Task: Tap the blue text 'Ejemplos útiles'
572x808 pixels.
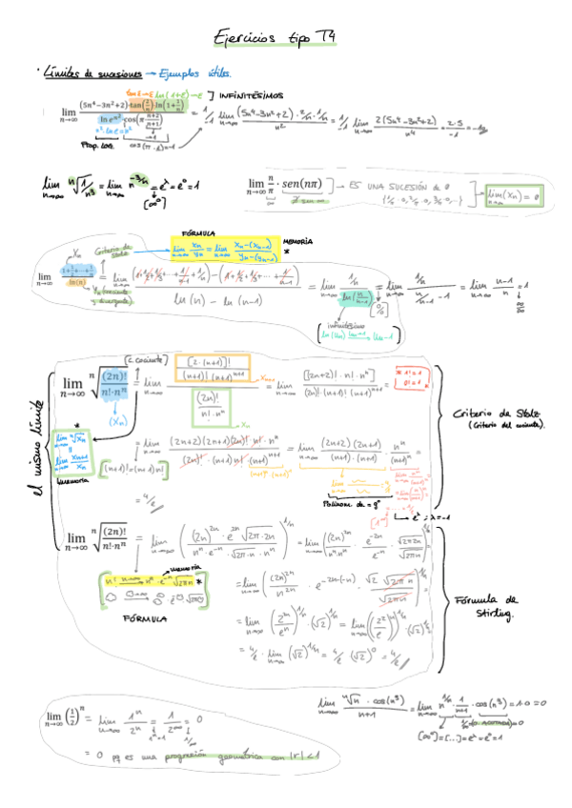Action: (x=194, y=72)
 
